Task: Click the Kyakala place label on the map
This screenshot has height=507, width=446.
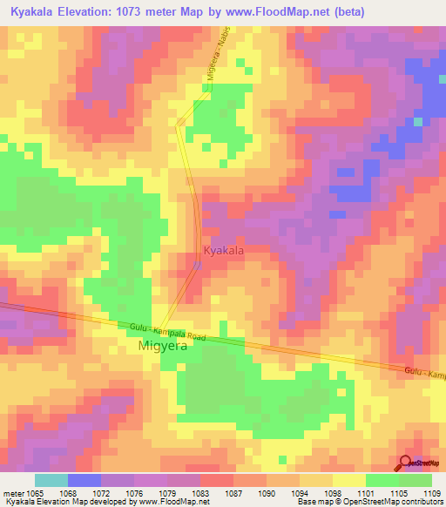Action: [x=223, y=251]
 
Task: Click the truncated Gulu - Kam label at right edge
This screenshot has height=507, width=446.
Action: [x=425, y=374]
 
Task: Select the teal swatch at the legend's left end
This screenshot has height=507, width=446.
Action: [x=51, y=480]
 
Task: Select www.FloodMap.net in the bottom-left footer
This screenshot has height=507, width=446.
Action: [x=173, y=502]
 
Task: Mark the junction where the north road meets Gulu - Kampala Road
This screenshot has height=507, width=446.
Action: [x=159, y=328]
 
